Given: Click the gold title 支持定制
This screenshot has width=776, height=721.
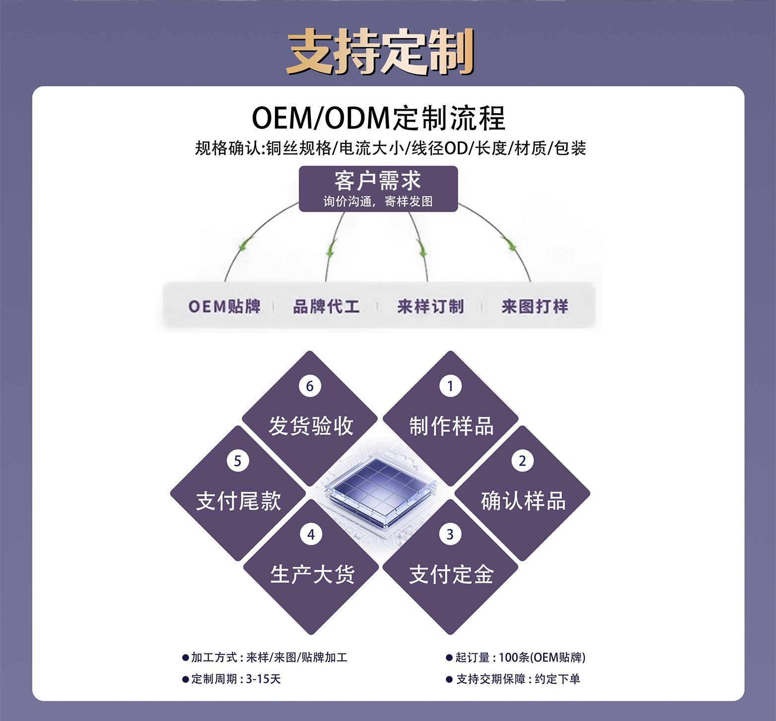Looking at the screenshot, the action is pos(380,53).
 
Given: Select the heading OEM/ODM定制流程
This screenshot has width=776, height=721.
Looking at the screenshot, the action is pos(378,119).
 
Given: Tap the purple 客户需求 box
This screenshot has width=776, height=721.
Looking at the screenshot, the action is pos(378,189).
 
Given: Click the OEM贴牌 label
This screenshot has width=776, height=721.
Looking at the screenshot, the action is pos(224,306).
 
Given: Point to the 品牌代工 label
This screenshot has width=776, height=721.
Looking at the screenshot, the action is pos(326,306).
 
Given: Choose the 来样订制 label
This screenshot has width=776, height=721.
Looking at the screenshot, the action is pos(430,306).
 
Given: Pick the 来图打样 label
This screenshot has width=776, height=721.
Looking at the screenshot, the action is pos(535,306).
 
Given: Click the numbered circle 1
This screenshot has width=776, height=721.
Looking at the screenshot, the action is pos(450,386).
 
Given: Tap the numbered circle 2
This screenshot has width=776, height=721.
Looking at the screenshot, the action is pos(522,461).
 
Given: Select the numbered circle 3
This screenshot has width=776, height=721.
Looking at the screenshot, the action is pos(450,534).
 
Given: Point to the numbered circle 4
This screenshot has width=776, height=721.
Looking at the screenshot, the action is pos(311,534).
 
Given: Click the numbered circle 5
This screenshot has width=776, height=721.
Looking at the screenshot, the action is pos(238,461).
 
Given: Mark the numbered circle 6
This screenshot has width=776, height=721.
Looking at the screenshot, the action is pos(310,386).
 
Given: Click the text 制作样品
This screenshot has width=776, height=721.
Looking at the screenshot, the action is pos(451,426).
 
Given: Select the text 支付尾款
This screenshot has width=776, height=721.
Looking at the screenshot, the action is pos(239,501).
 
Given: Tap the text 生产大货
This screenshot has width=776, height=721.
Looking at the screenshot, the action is pos(312,574).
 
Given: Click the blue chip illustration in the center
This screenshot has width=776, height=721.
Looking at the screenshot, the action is pos(380,492).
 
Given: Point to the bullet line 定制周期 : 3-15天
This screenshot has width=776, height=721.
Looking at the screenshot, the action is pos(232,679).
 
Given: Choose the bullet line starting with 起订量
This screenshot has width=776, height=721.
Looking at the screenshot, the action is pos(516,657).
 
